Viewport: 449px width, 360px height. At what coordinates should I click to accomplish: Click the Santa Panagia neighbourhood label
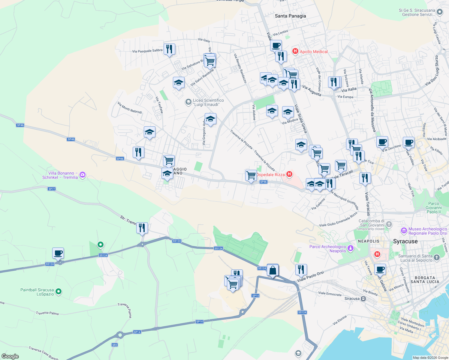(x=290, y=16)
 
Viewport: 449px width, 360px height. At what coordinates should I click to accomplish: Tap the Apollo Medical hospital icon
(x=295, y=51)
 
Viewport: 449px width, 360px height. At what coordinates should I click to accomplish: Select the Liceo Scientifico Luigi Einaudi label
(x=208, y=102)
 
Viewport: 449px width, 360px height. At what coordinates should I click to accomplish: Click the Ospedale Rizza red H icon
(x=289, y=174)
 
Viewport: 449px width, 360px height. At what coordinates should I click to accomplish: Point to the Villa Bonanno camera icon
(x=83, y=175)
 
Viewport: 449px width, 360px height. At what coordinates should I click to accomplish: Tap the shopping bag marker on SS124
(x=273, y=271)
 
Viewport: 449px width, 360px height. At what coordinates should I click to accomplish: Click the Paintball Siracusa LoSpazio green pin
(x=59, y=291)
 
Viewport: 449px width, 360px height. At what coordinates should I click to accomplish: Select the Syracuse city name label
(x=405, y=241)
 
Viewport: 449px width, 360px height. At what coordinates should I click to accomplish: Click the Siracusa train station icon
(x=363, y=299)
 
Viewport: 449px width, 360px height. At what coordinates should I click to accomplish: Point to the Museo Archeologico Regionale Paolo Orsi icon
(x=404, y=231)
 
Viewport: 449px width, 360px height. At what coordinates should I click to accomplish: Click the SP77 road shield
(x=52, y=189)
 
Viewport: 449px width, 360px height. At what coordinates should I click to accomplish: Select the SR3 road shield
(x=115, y=345)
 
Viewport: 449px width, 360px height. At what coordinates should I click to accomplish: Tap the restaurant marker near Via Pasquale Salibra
(x=169, y=49)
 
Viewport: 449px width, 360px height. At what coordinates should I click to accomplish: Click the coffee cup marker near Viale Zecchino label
(x=382, y=142)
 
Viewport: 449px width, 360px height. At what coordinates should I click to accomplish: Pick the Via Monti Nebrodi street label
(x=130, y=108)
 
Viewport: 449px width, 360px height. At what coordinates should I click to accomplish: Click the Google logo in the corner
(x=10, y=356)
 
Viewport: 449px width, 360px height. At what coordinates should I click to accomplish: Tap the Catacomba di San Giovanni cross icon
(x=389, y=224)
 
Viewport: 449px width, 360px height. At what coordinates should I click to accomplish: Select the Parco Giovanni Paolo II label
(x=433, y=208)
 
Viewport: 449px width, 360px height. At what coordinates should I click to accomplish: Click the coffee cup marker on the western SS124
(x=58, y=253)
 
